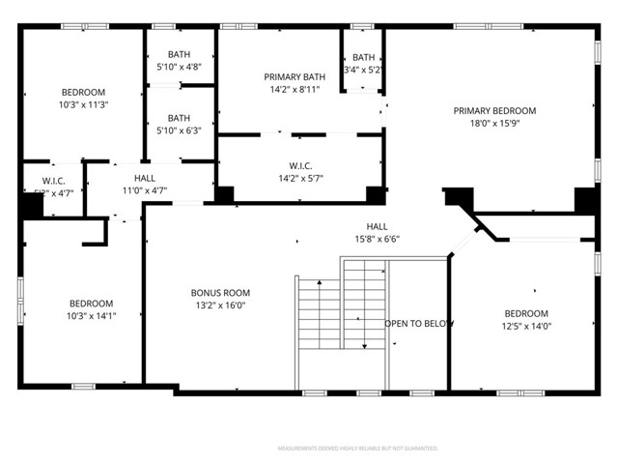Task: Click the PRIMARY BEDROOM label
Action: (494, 110)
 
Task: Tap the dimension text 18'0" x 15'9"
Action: (494, 124)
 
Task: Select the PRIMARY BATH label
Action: (292, 76)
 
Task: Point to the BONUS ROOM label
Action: (220, 293)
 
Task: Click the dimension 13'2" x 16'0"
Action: (220, 305)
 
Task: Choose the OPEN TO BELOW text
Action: (419, 323)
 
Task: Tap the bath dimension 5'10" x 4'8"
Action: (179, 68)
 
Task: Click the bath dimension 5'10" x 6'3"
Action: (179, 130)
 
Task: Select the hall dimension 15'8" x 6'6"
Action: (377, 240)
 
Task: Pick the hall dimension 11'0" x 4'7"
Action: (145, 191)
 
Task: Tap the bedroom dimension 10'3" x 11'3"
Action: (83, 105)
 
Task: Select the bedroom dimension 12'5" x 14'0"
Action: (526, 327)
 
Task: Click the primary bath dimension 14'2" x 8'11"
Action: (292, 89)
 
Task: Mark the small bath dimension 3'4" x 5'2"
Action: (363, 70)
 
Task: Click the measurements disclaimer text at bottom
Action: (357, 449)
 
